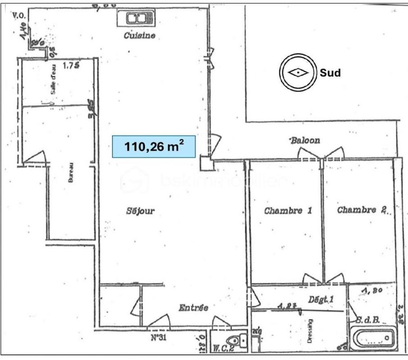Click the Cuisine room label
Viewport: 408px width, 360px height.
(139, 35)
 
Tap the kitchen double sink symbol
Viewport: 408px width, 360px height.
(135, 18)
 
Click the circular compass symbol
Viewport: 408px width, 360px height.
(297, 73)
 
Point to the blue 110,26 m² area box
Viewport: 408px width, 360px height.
(154, 146)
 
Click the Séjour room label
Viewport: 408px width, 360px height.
(140, 211)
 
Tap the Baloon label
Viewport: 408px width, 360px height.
(305, 141)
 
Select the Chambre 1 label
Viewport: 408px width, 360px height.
(288, 211)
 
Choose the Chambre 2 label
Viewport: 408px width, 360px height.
(361, 210)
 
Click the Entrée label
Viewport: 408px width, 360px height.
(194, 308)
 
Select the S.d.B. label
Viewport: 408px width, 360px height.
(368, 320)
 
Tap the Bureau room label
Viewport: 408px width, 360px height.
(71, 172)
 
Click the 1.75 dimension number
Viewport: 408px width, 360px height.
(71, 64)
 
